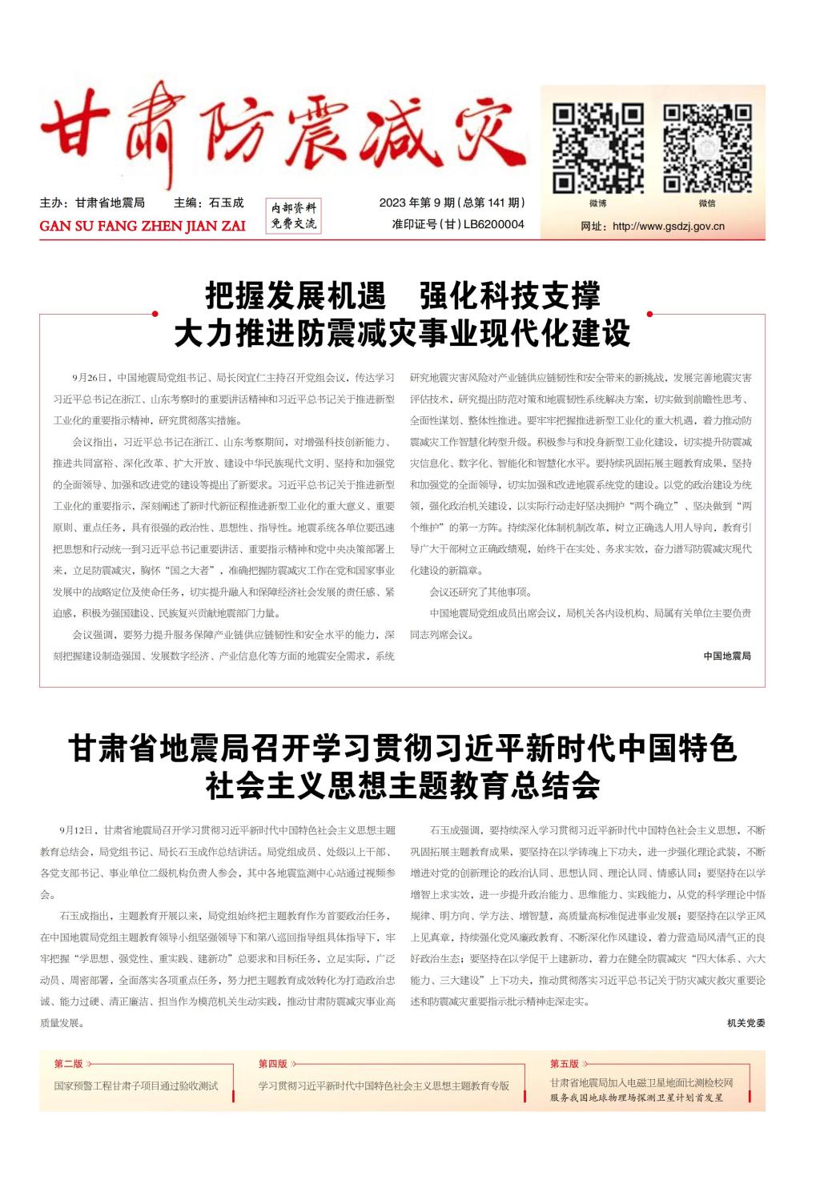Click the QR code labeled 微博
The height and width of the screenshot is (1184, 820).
[597, 148]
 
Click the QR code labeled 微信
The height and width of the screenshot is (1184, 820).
[707, 148]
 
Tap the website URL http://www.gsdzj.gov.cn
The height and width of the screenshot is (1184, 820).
[668, 227]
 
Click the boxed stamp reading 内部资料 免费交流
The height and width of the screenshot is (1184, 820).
[293, 216]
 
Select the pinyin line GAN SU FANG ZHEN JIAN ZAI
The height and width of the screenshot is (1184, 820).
[143, 226]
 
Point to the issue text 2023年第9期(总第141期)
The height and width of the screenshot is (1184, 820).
[452, 203]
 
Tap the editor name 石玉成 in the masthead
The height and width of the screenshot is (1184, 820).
[226, 203]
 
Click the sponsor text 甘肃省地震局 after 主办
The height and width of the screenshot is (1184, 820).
[110, 203]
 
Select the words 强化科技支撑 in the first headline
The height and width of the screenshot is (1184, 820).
[509, 296]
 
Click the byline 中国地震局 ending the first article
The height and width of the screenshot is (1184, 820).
[727, 656]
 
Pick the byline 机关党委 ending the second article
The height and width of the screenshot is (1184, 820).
[746, 1023]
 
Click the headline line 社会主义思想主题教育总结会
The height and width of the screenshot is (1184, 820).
[402, 786]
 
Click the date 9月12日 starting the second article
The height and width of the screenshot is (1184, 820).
[77, 830]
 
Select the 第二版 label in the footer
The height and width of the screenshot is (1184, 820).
[68, 1064]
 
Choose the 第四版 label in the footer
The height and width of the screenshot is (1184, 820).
[272, 1064]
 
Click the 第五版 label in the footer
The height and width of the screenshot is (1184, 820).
[564, 1064]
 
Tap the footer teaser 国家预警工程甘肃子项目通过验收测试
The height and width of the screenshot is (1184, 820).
[136, 1086]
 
